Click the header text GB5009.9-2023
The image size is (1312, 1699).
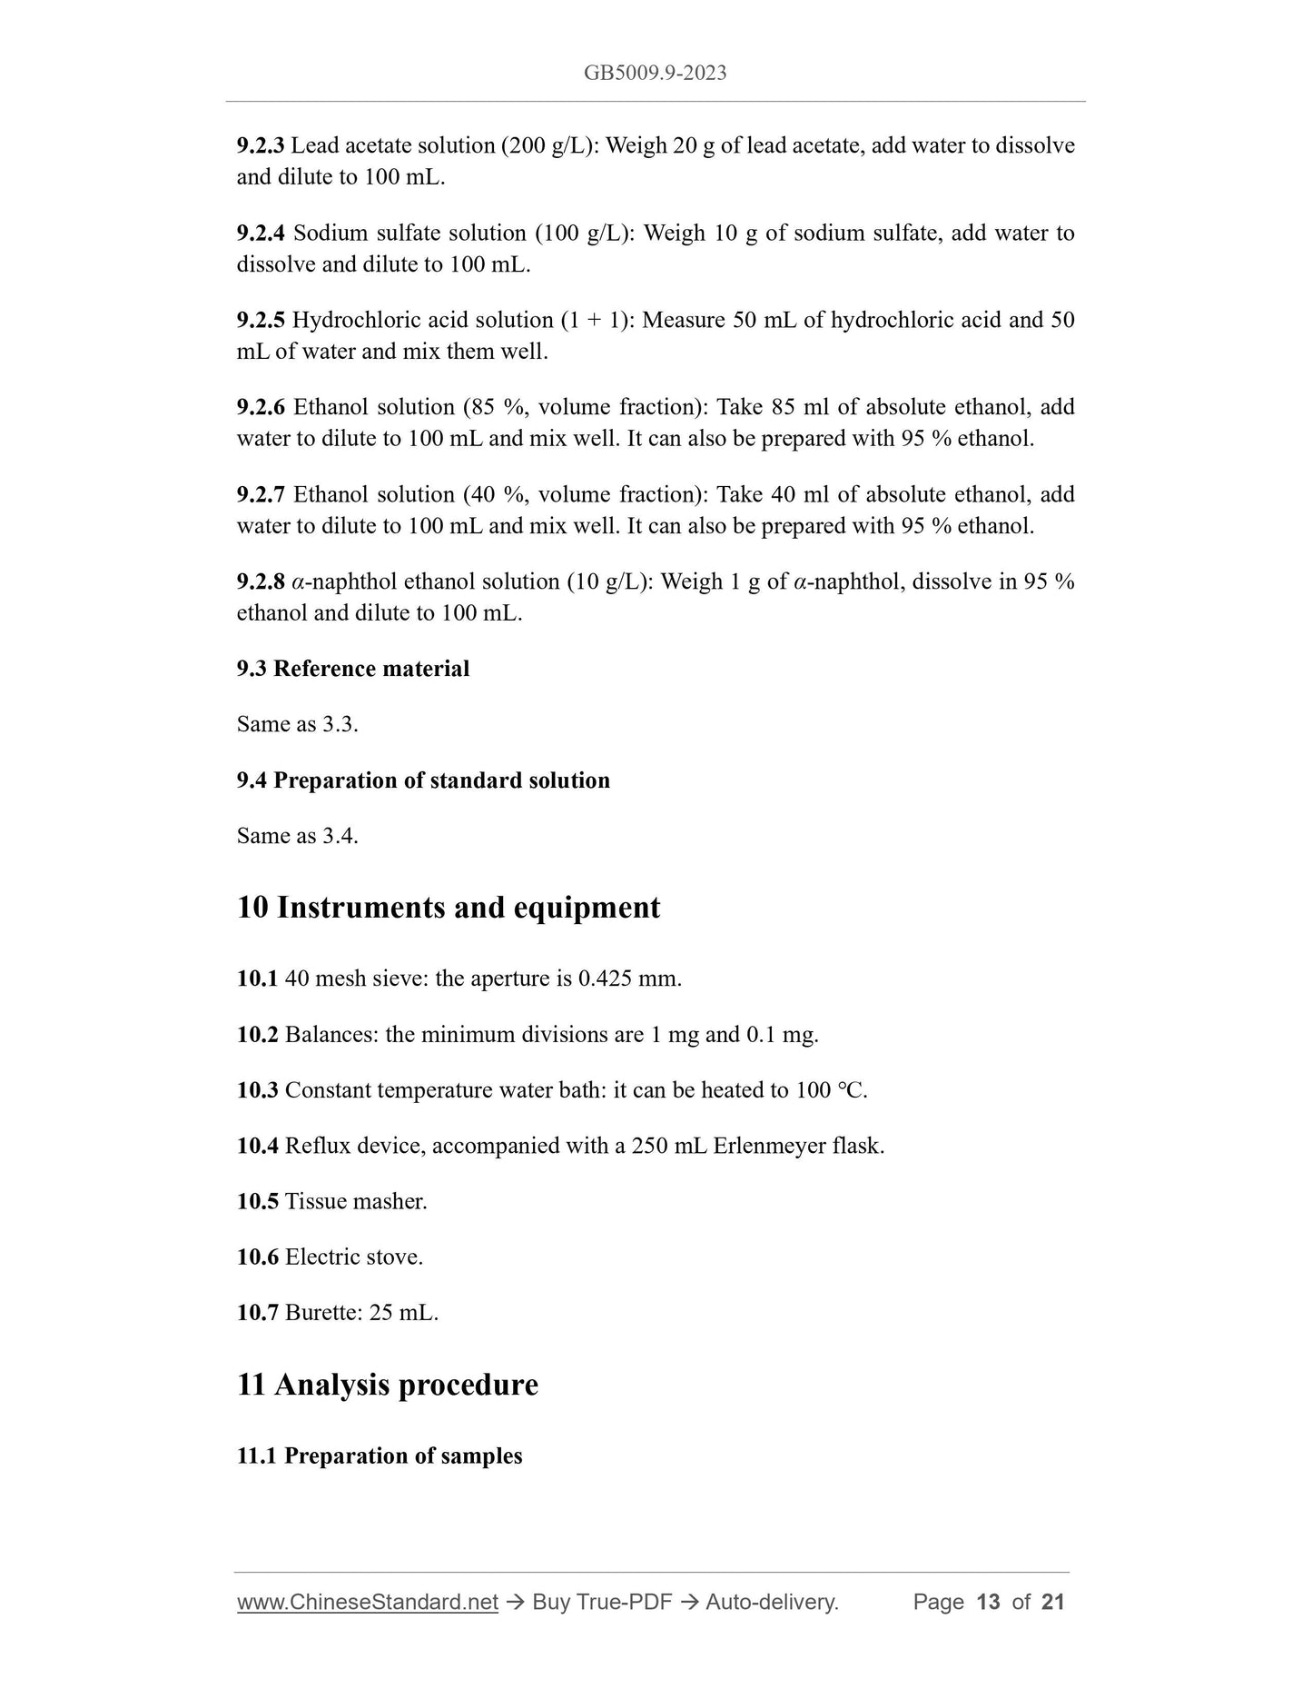tap(655, 74)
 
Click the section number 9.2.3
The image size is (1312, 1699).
tap(260, 146)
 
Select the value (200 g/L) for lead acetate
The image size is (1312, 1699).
tap(549, 146)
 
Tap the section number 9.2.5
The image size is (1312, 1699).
tap(260, 321)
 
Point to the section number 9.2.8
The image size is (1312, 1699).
tap(260, 582)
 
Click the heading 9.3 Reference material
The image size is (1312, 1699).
tap(353, 670)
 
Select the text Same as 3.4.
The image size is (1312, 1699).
tap(297, 836)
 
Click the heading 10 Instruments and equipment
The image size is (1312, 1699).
tap(449, 908)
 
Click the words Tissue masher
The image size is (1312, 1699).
tap(356, 1202)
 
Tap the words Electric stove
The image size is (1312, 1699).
tap(354, 1257)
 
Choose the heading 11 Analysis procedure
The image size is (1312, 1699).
tap(388, 1386)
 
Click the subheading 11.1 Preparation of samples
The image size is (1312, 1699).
tap(380, 1456)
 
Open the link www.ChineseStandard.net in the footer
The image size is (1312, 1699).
tap(368, 1603)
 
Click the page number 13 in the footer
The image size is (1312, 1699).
tap(988, 1603)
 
